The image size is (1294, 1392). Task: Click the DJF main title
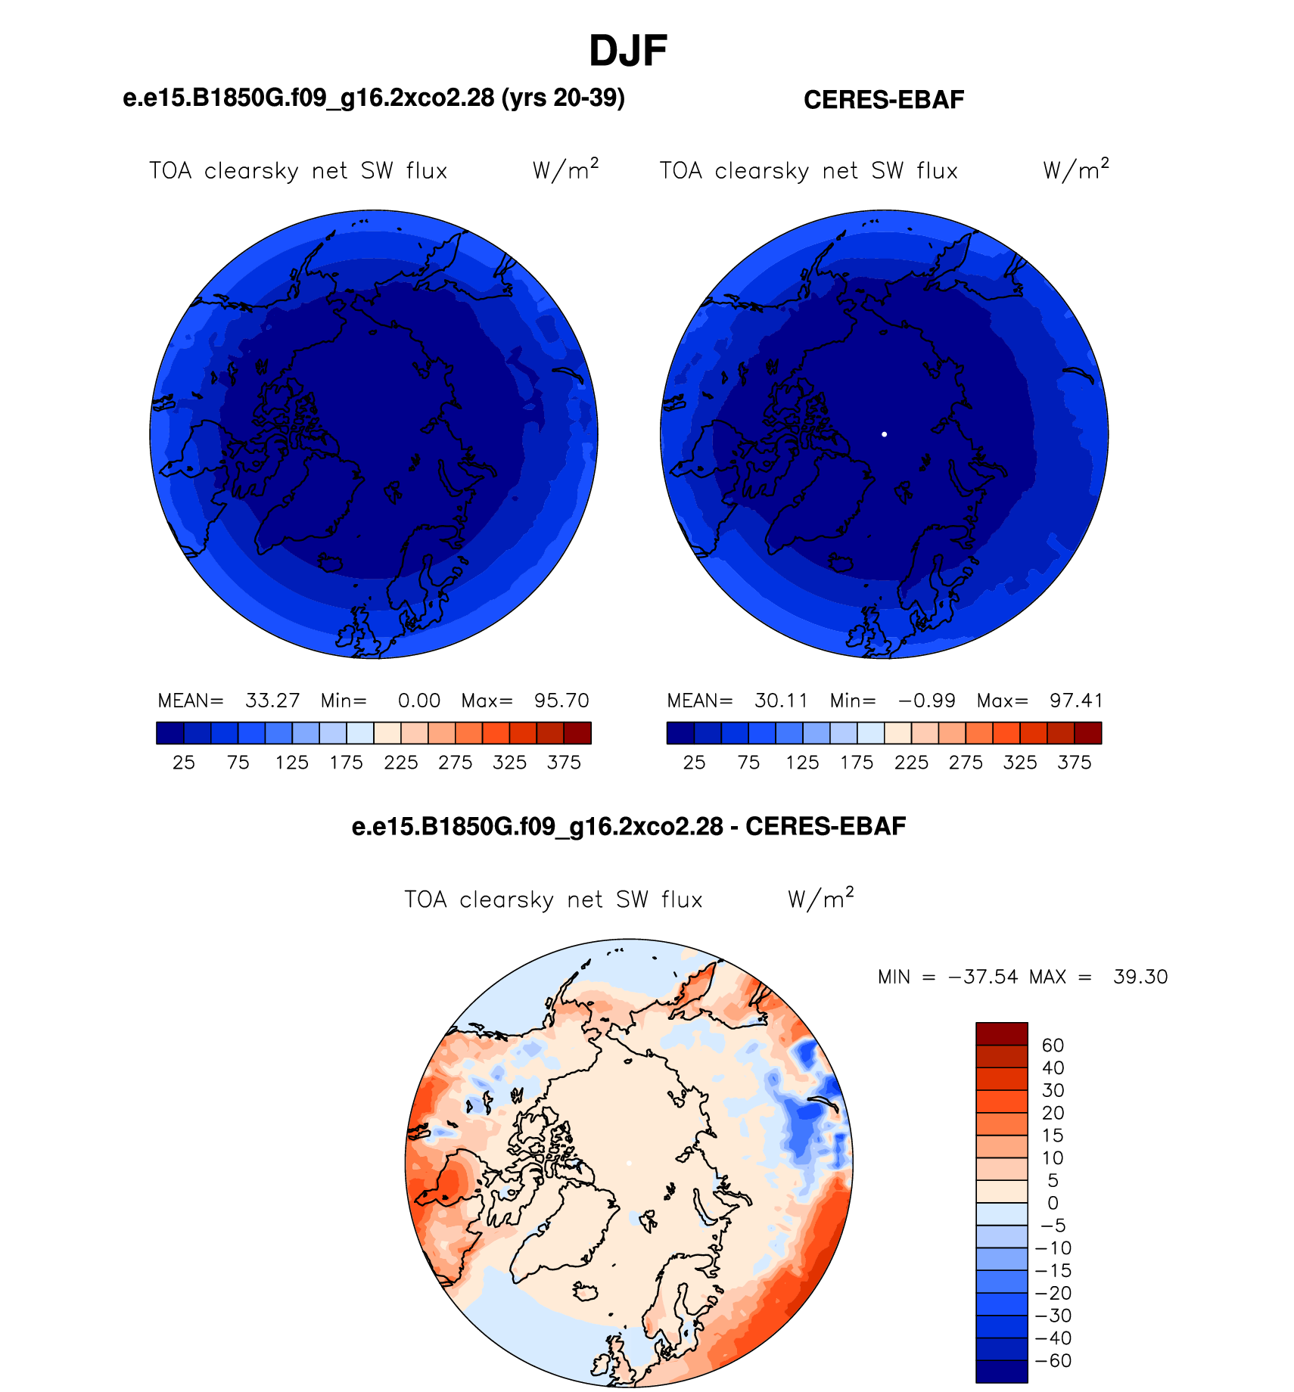point(628,51)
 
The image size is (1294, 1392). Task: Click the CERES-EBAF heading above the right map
point(884,100)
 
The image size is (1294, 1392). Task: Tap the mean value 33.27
point(272,701)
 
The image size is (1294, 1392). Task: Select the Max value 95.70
point(561,701)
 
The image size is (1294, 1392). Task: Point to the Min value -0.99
point(927,701)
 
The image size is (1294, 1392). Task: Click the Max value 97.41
point(1076,701)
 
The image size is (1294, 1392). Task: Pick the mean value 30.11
point(781,701)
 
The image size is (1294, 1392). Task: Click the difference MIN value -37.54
point(983,977)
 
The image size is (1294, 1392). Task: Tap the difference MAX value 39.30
point(1140,977)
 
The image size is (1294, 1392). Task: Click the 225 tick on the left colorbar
point(401,763)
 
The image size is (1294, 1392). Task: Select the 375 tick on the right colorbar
point(1075,763)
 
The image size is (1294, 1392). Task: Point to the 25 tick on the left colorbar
point(184,763)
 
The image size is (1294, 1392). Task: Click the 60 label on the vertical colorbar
point(1053,1046)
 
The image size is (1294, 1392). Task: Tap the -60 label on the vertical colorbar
point(1053,1361)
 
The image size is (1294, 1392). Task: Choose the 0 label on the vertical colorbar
point(1053,1203)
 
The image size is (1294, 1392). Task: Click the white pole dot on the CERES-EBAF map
point(884,434)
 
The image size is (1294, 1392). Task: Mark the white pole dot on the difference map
point(629,1164)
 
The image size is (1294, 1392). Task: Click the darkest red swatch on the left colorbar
point(577,733)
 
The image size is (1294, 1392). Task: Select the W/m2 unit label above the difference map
point(821,898)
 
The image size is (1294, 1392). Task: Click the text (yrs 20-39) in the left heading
point(563,98)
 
